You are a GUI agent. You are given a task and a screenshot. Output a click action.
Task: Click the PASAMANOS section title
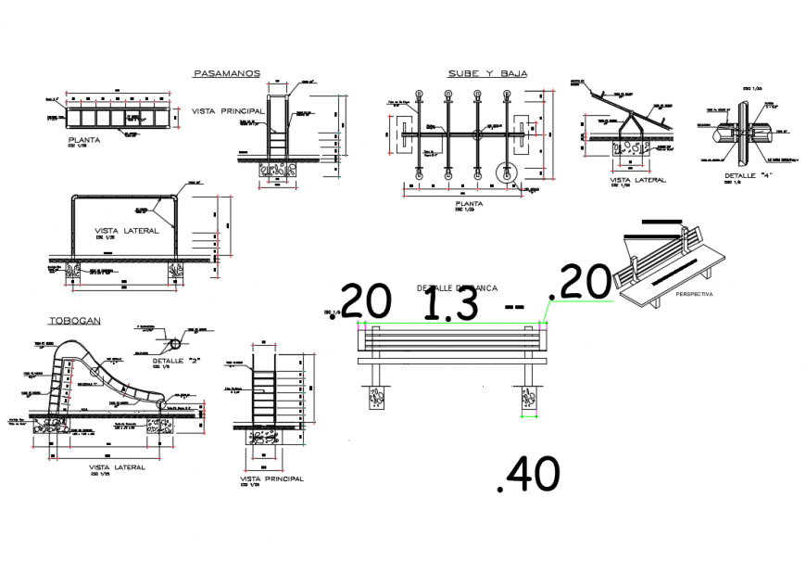coord(226,73)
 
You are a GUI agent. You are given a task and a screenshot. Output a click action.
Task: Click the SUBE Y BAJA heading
coord(481,73)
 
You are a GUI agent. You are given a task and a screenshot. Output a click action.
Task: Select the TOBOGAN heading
coord(75,321)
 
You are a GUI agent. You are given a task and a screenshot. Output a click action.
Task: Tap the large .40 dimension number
coord(529,475)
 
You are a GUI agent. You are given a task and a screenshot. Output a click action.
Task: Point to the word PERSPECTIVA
coord(694,294)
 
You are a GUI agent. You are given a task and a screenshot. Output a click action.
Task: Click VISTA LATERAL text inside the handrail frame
coord(127,229)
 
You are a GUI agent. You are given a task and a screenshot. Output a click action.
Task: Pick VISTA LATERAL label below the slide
coord(116,467)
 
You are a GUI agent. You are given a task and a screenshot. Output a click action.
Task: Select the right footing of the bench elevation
coord(529,397)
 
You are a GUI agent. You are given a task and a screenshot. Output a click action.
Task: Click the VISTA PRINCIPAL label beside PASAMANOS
coord(228,110)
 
